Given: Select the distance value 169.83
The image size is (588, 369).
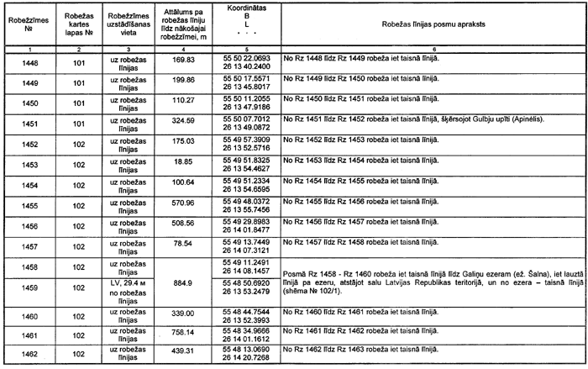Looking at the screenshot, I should point(182,61).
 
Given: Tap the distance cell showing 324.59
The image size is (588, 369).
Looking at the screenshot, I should point(182,122).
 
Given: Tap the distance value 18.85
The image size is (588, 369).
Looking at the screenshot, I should point(182,162).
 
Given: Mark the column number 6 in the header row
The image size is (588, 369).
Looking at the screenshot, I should point(431,51).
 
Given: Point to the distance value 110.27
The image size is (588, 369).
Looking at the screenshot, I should point(182,101).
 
